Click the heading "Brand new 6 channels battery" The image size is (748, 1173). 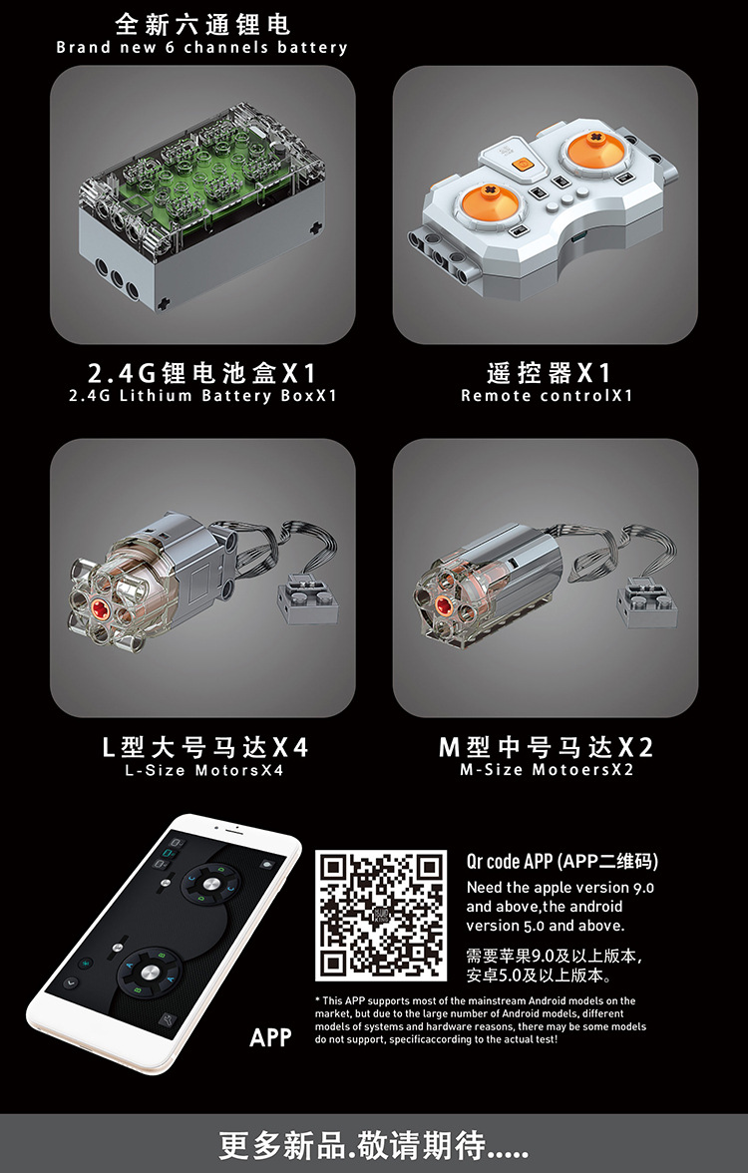tap(201, 47)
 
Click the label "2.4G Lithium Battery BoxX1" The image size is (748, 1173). tap(202, 395)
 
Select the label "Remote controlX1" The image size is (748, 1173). tap(547, 395)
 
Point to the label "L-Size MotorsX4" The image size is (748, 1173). tap(204, 770)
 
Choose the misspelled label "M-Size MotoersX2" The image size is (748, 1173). tap(547, 769)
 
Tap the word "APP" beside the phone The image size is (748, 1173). tap(270, 1037)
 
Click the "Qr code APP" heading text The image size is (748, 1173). tap(510, 861)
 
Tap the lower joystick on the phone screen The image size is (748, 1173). tap(151, 972)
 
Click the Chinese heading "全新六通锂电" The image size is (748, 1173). tap(201, 24)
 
